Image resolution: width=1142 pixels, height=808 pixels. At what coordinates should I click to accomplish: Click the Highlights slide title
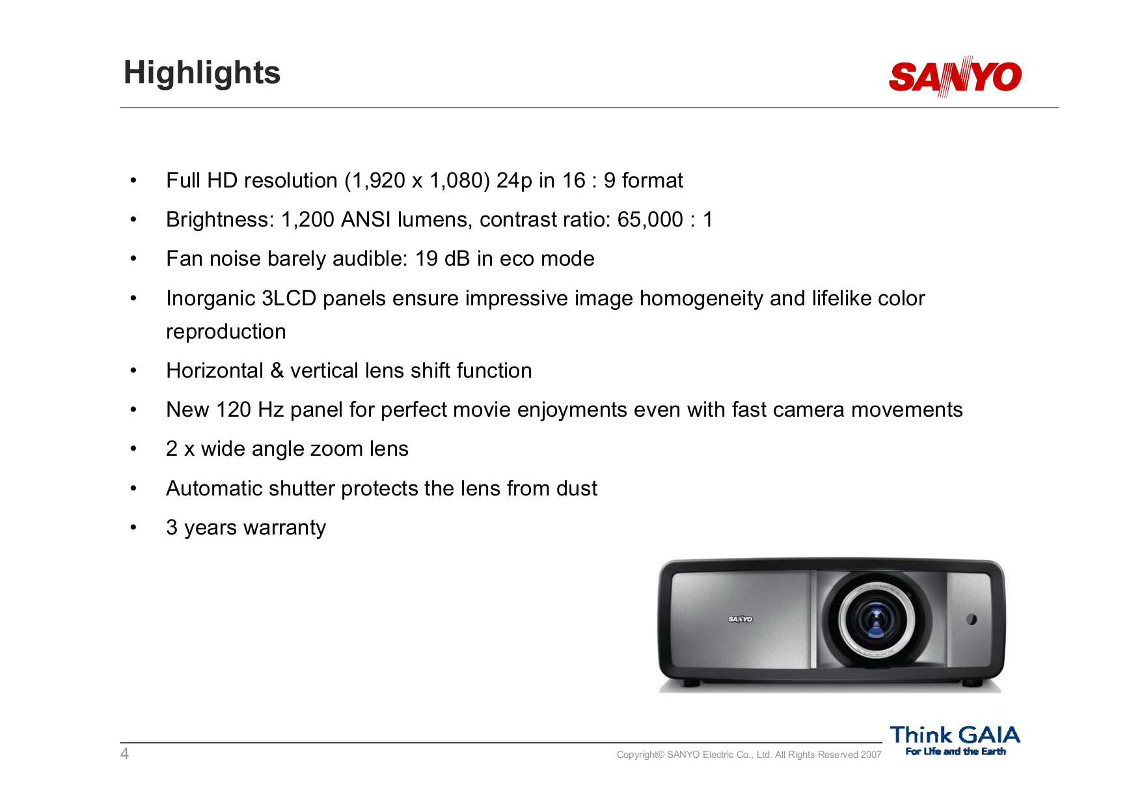tap(202, 73)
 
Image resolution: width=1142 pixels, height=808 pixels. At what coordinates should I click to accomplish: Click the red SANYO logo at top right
tap(955, 77)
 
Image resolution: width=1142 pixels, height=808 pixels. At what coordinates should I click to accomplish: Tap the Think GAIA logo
tap(955, 740)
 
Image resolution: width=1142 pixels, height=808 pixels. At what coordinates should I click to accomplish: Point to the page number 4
tap(124, 754)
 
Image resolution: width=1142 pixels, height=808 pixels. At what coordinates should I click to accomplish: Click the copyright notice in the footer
tap(748, 755)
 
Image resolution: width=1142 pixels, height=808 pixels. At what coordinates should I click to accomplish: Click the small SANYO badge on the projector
tap(740, 619)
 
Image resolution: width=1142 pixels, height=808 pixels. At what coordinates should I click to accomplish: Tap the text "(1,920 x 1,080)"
tap(417, 180)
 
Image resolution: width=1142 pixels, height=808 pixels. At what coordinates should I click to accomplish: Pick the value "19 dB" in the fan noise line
tap(442, 258)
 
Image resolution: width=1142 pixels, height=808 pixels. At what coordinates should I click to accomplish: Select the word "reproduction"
tap(226, 331)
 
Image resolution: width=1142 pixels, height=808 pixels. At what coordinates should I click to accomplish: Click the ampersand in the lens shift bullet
tap(277, 370)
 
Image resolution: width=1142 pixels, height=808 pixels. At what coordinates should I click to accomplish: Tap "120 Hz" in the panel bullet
tap(250, 410)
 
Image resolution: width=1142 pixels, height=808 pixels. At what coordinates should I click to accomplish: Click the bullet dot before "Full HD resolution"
tap(133, 180)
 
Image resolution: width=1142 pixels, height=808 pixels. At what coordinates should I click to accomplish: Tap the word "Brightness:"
tap(221, 219)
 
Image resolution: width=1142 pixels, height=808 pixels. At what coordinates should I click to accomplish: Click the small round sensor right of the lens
tap(972, 619)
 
